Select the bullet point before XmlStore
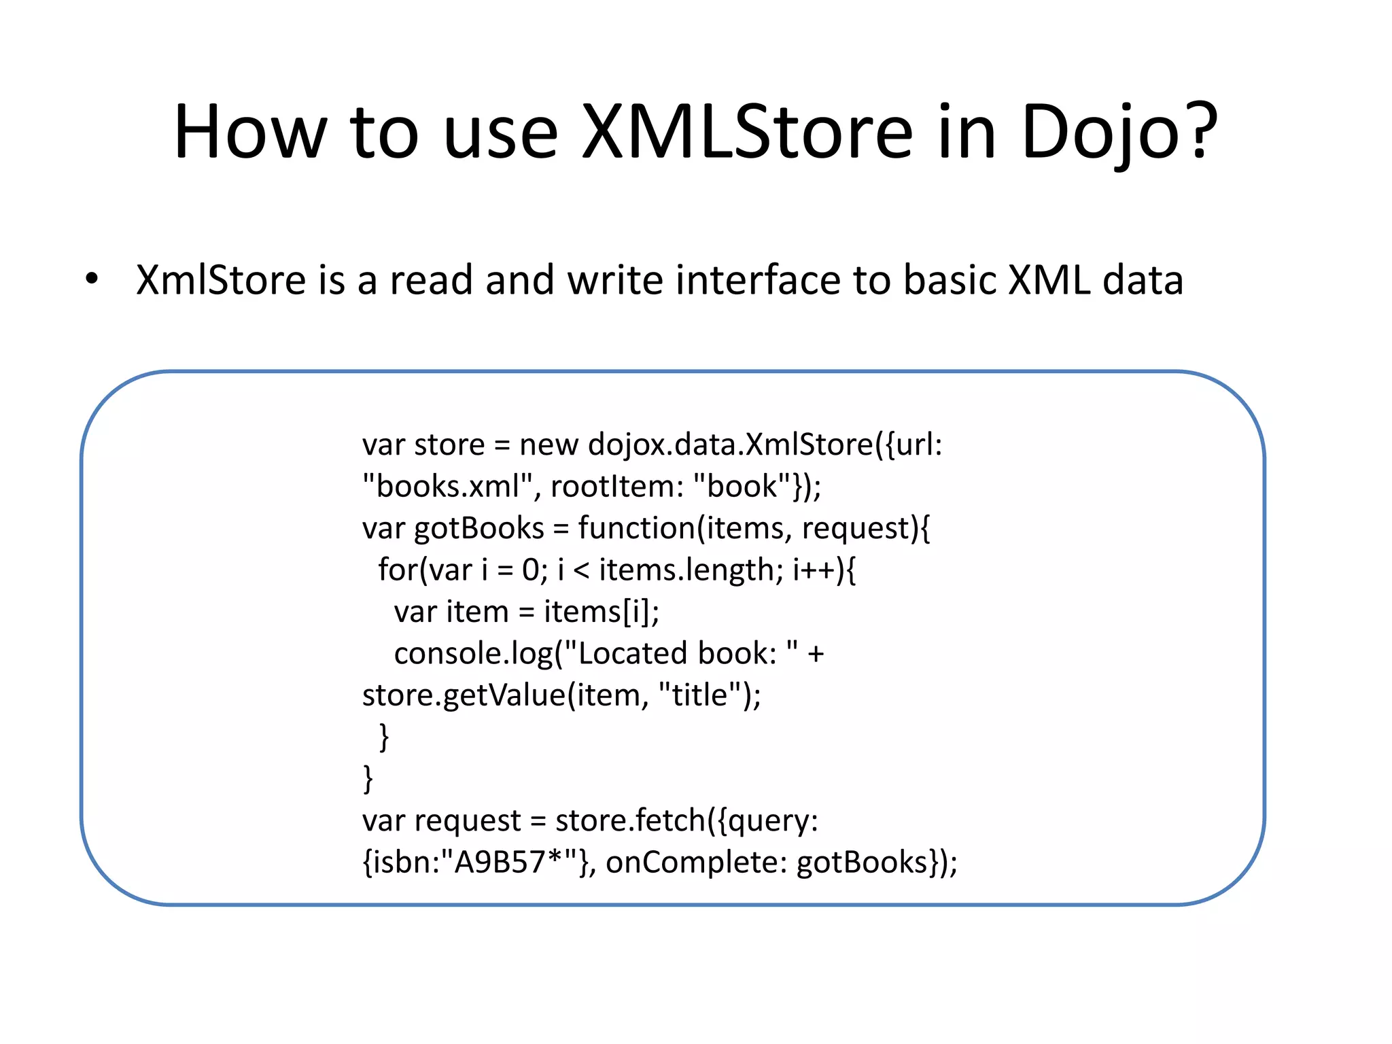(x=92, y=279)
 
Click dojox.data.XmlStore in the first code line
(x=731, y=445)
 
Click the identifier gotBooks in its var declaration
(x=479, y=528)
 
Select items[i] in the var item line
(x=601, y=612)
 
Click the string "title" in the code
(x=700, y=695)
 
